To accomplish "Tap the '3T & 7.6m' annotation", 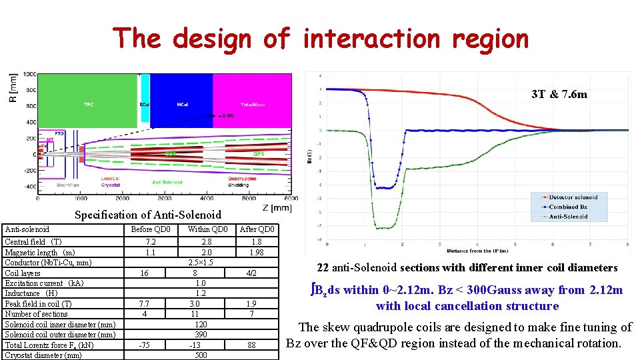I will (559, 94).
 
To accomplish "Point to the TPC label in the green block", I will (89, 105).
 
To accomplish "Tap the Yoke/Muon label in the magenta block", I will (251, 105).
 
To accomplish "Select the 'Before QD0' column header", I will (151, 229).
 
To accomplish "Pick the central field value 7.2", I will (151, 242).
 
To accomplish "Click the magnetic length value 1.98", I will (257, 252).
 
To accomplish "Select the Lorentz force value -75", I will (145, 345).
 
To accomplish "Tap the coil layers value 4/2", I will (251, 273).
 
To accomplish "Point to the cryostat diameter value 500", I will (201, 355).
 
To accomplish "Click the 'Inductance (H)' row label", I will (31, 293).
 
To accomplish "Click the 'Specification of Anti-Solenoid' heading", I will (147, 215).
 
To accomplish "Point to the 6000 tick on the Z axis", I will (291, 198).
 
